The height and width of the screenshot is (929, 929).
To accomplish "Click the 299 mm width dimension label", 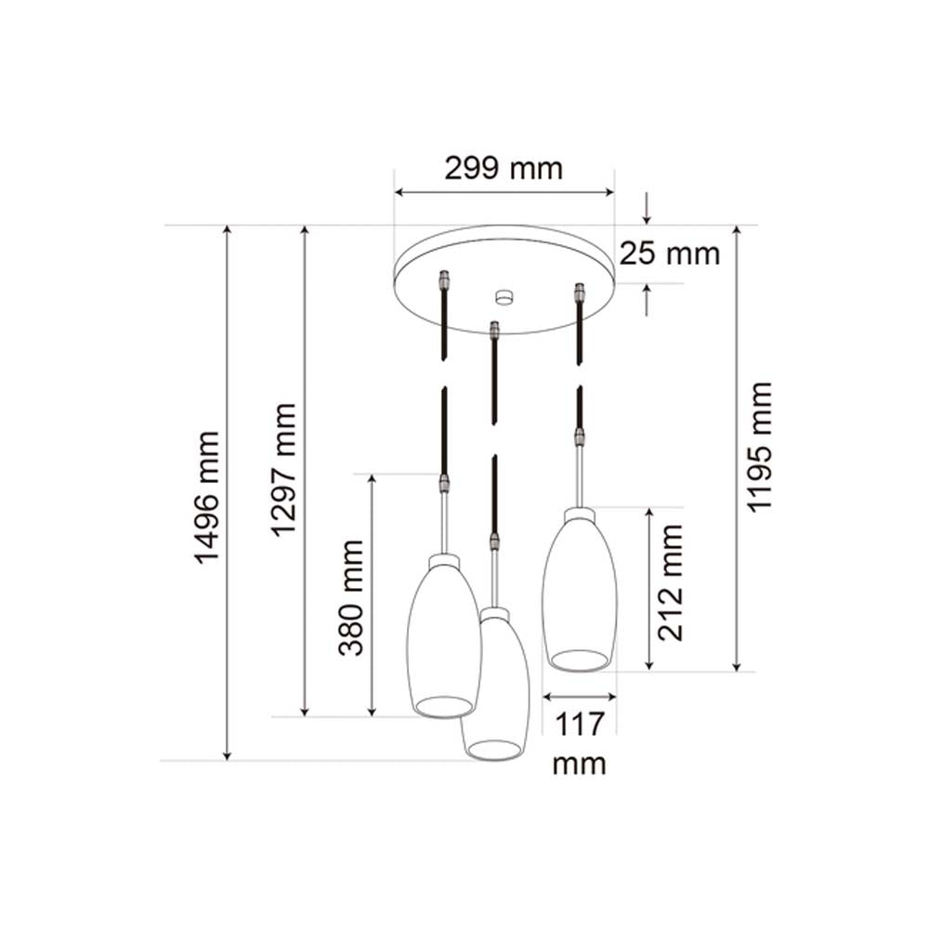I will (x=503, y=169).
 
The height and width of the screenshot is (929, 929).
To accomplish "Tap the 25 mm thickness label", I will (x=670, y=253).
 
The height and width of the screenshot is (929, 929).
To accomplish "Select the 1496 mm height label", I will (x=206, y=496).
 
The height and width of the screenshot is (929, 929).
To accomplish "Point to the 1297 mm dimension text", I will (x=283, y=469).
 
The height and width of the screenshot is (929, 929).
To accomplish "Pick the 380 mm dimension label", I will (x=351, y=596).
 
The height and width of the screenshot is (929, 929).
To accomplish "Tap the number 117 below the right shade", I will (x=579, y=723).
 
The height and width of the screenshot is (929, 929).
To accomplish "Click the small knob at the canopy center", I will (x=504, y=297).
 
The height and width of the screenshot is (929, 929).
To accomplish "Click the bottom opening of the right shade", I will (x=579, y=660).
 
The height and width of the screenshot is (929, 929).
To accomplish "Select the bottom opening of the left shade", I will (x=443, y=706).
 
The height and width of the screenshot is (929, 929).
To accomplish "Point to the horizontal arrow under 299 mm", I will (x=504, y=193).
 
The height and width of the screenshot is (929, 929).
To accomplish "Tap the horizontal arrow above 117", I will (x=579, y=696).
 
